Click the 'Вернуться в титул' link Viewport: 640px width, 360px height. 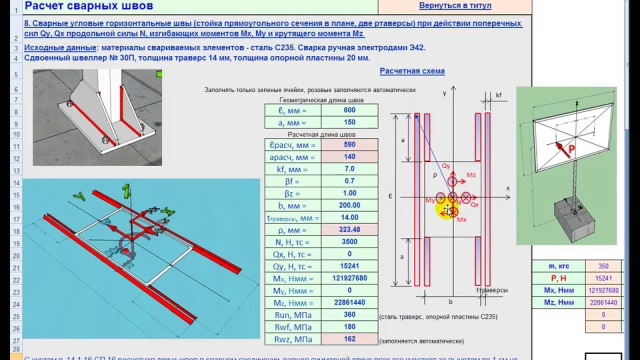[x=454, y=6]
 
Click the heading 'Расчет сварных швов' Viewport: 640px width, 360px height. [x=89, y=6]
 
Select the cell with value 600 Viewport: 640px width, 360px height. [x=349, y=110]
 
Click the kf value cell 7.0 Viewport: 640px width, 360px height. [x=349, y=169]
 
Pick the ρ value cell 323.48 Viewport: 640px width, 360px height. [x=349, y=230]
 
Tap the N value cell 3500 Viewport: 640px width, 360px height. [x=349, y=242]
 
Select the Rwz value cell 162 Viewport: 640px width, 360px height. [x=349, y=339]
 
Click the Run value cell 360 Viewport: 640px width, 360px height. [x=349, y=314]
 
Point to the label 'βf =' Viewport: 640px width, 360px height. [x=292, y=181]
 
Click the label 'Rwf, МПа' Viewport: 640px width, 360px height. [x=292, y=327]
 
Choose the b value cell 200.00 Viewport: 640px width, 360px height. [x=349, y=205]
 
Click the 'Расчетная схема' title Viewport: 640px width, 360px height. [x=412, y=71]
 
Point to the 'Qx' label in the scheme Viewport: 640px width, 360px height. [x=474, y=205]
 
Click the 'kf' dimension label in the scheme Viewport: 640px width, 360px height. [x=498, y=95]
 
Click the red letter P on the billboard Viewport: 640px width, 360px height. [x=571, y=149]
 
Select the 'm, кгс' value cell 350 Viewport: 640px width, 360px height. [x=603, y=266]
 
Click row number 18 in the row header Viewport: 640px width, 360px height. [x=15, y=231]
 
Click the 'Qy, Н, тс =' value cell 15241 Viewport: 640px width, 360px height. [x=349, y=266]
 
